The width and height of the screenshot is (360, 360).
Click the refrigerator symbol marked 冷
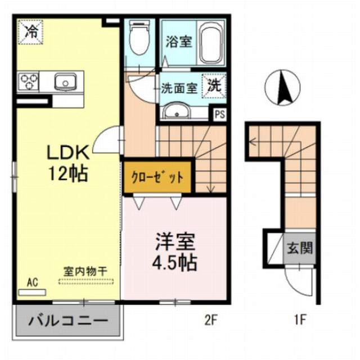(x=30, y=31)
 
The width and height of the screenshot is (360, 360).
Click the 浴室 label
(x=178, y=43)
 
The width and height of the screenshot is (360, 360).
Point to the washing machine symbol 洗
(x=214, y=86)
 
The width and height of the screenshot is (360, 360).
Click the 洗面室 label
(x=178, y=88)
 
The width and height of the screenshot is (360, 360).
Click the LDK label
(x=67, y=153)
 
